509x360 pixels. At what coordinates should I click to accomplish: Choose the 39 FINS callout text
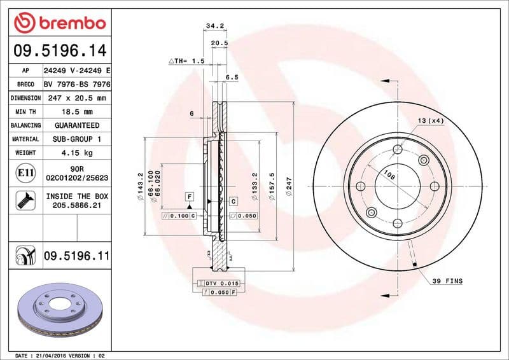[447, 280]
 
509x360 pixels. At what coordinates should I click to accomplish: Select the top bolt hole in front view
[398, 149]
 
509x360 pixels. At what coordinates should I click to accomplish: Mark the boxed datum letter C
[234, 201]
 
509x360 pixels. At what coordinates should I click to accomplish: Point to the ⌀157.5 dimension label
[272, 186]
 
